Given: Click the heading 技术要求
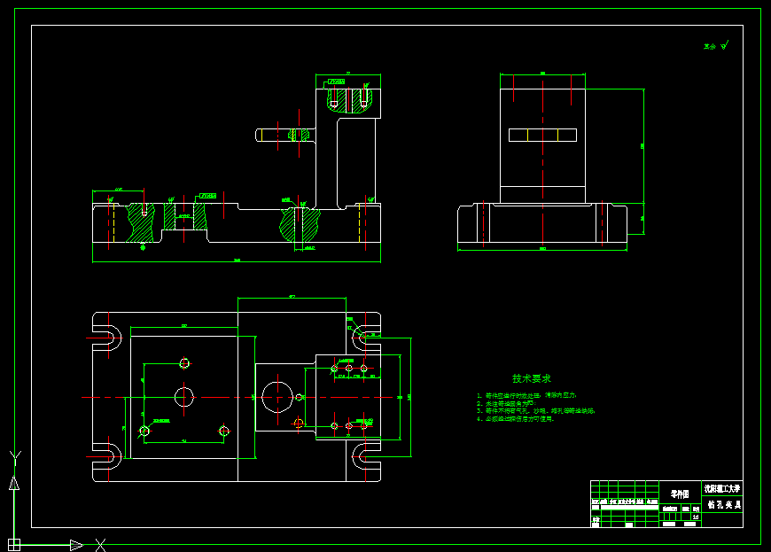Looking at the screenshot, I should [532, 378].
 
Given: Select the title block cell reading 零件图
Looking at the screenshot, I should [680, 494].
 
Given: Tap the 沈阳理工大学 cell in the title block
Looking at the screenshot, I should [721, 488].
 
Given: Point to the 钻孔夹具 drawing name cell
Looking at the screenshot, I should [721, 505].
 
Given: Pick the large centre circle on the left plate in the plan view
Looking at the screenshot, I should [184, 396].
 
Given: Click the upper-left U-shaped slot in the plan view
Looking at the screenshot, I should [109, 337].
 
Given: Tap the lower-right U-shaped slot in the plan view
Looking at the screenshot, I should [363, 456].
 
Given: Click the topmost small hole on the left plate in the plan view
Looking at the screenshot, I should [184, 362].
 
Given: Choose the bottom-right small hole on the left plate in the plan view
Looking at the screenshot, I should [223, 431].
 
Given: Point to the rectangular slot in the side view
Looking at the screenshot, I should [542, 135].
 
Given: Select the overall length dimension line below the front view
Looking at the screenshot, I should [237, 261].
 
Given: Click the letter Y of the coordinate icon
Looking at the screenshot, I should [14, 455].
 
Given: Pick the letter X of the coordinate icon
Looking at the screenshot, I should [100, 544].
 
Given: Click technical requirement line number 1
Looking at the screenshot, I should [526, 394].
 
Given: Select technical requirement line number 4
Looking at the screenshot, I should [515, 418].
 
